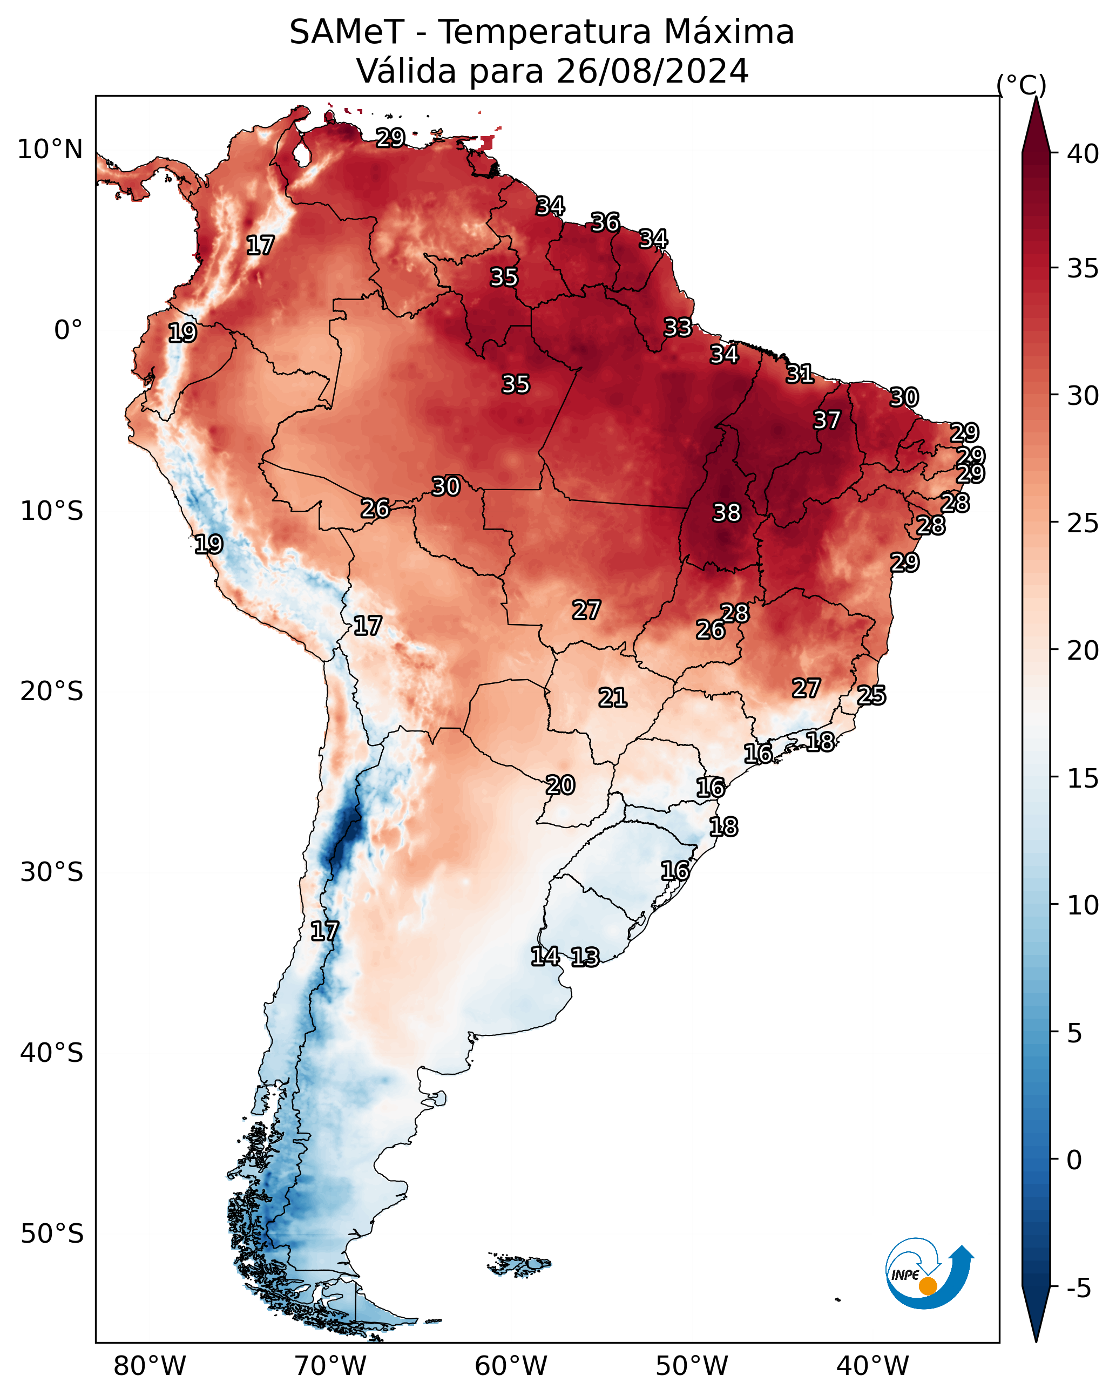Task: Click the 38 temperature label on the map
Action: (x=726, y=513)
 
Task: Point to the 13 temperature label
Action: (x=585, y=957)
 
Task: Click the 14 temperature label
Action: (x=545, y=957)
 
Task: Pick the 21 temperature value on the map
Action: (x=612, y=697)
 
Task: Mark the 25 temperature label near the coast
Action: (x=871, y=695)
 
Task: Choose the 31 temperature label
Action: (x=799, y=374)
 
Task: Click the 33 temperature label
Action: (x=678, y=328)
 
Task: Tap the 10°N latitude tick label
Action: (x=50, y=150)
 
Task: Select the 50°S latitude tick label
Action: (x=52, y=1234)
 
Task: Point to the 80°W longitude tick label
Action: (x=150, y=1366)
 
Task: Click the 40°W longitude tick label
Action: (x=872, y=1366)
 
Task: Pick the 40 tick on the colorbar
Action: (x=1083, y=154)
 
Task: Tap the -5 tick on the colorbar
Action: (x=1078, y=1289)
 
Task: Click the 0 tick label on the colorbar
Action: (x=1074, y=1160)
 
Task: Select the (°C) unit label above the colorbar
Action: (x=1021, y=85)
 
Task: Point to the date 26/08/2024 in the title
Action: (x=652, y=71)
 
